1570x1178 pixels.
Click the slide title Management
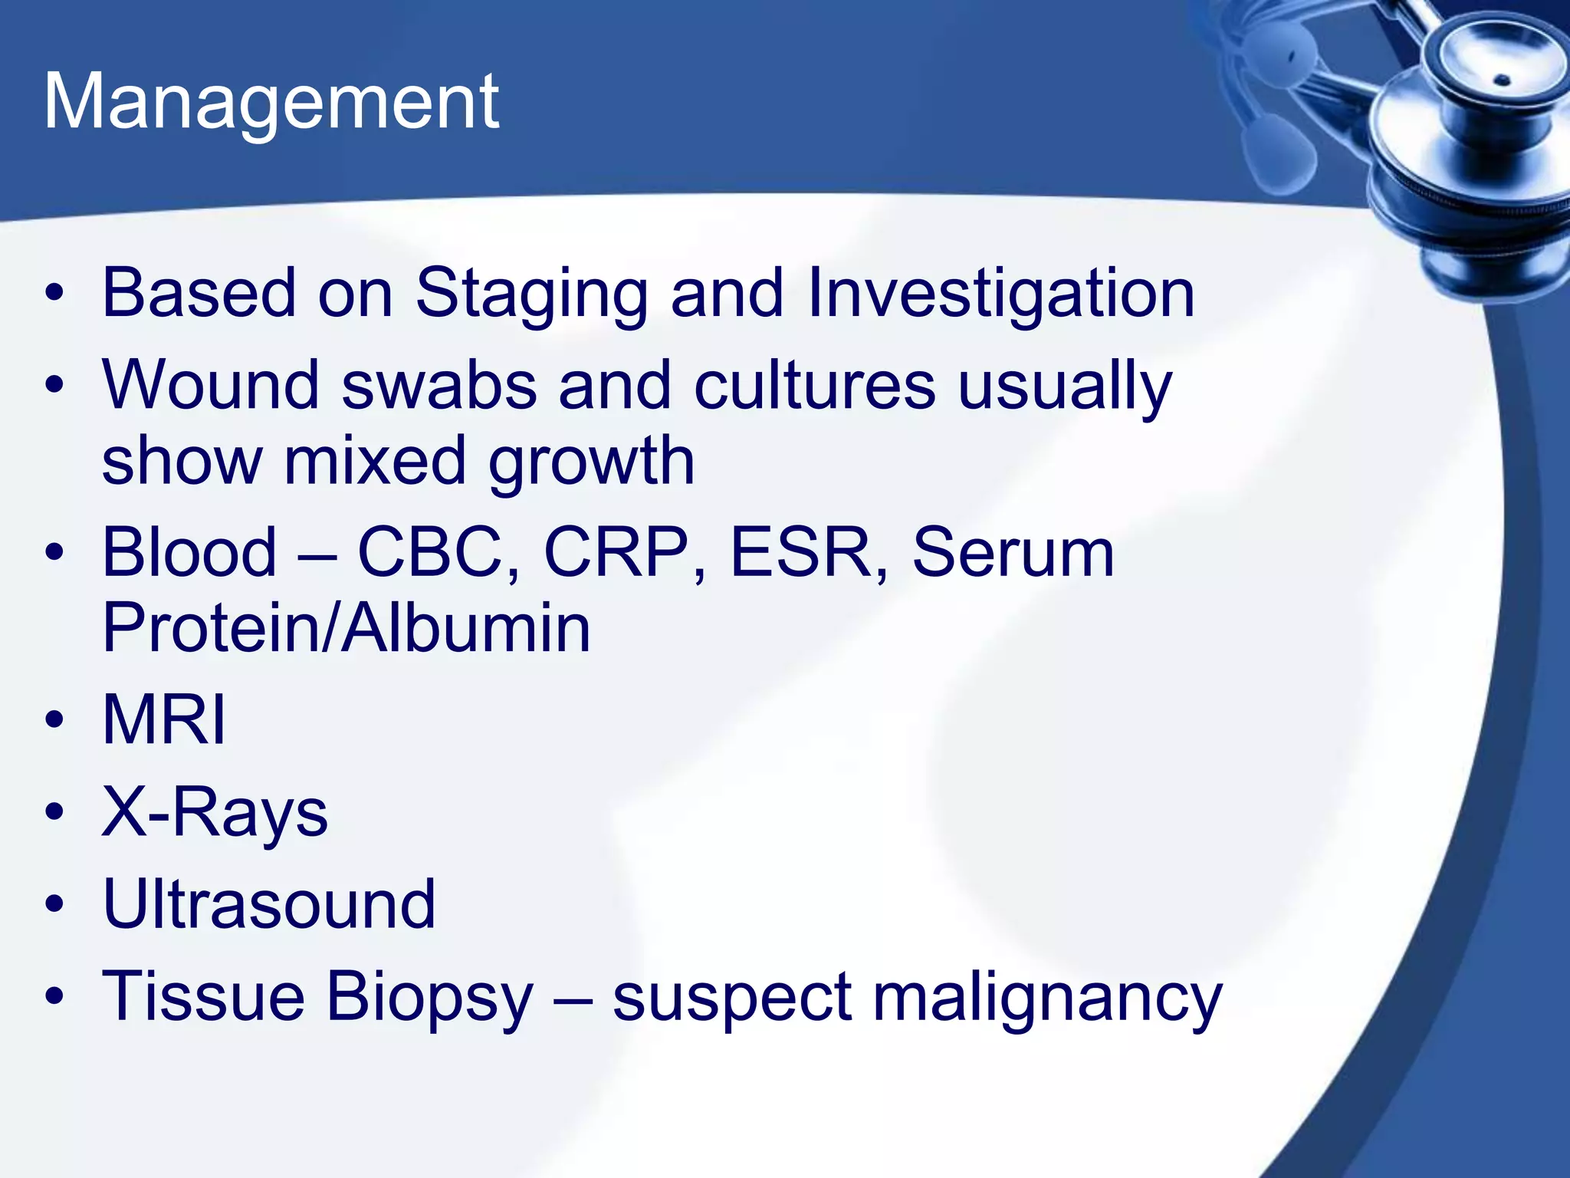(x=271, y=102)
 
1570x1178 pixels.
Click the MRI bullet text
(x=164, y=720)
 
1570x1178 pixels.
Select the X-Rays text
(x=215, y=812)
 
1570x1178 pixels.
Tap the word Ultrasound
(x=269, y=904)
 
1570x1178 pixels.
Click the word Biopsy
(x=429, y=998)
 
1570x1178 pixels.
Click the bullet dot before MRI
(x=54, y=720)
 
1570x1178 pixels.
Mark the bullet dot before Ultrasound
(x=54, y=904)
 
